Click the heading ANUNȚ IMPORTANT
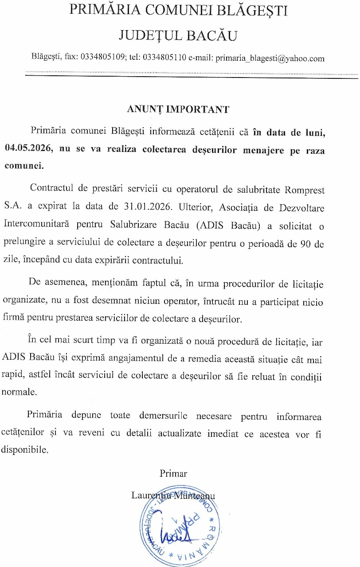click(178, 109)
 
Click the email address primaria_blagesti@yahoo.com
click(270, 58)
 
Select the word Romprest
click(305, 190)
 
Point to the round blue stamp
click(178, 529)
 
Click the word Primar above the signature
click(173, 474)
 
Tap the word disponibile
click(24, 450)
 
